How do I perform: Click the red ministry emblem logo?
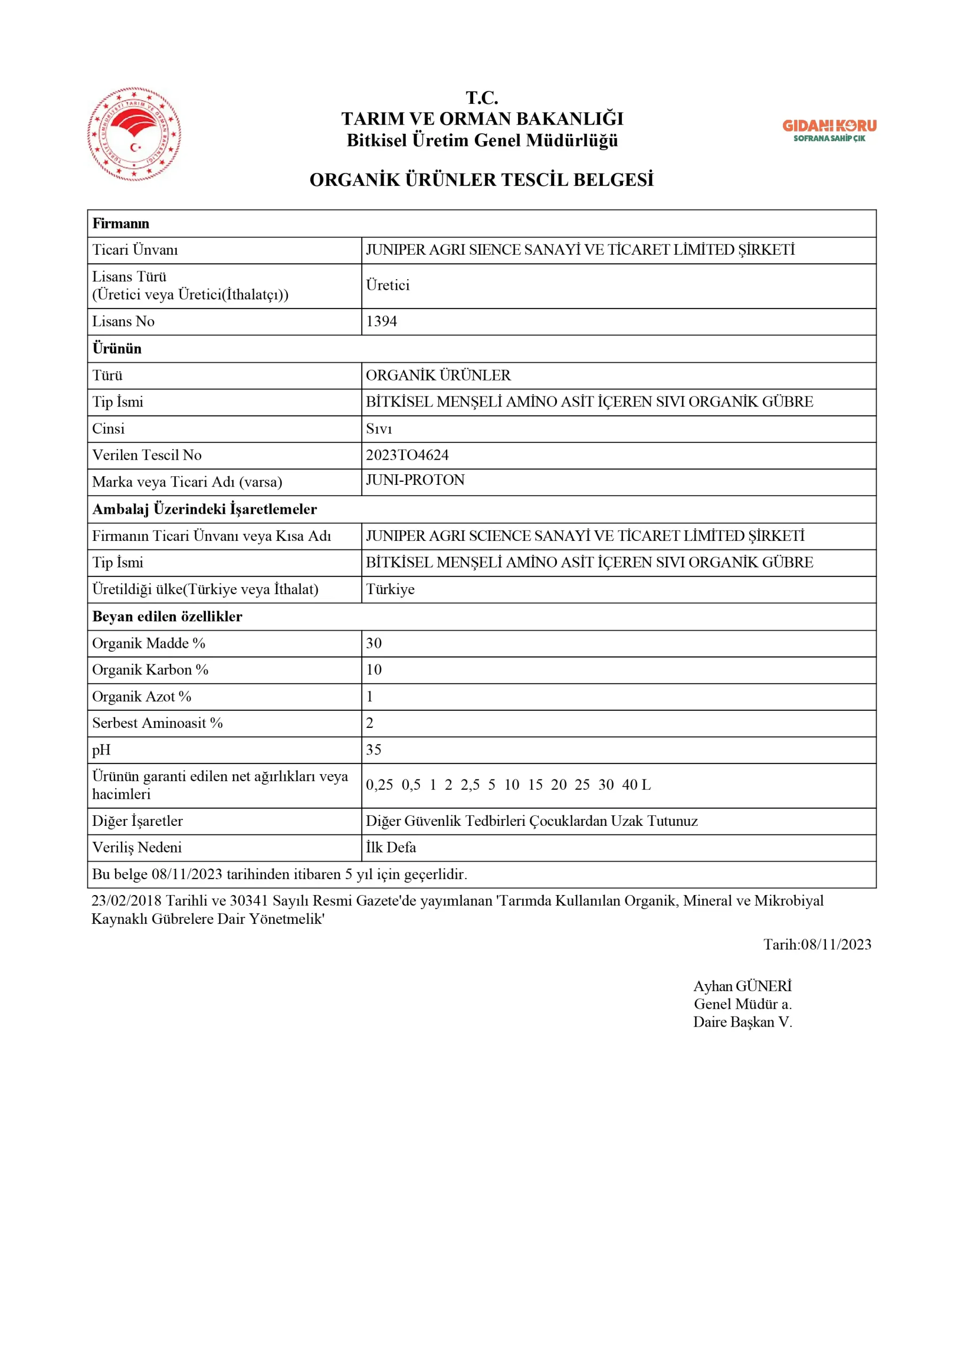click(134, 134)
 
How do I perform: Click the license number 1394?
click(382, 321)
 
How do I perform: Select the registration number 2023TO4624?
click(407, 455)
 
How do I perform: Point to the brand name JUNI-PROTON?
click(415, 480)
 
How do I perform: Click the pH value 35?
click(374, 750)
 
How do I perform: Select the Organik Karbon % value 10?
click(374, 670)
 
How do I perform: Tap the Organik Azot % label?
click(141, 696)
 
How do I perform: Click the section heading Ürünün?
click(117, 348)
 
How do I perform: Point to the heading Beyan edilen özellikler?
click(167, 616)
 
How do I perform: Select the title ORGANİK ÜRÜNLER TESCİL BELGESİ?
click(481, 180)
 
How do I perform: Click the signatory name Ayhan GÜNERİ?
click(742, 986)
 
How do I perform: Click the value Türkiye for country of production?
click(390, 589)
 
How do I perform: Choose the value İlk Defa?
click(391, 848)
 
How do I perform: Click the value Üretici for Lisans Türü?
click(387, 285)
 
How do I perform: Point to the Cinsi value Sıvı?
click(378, 429)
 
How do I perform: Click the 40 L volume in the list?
click(636, 785)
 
